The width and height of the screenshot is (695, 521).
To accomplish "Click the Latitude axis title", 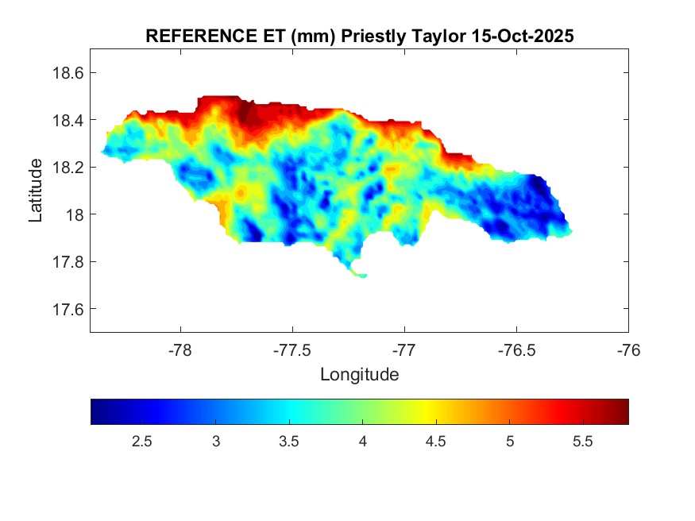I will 36,190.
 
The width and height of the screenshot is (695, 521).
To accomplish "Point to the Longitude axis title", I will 359,374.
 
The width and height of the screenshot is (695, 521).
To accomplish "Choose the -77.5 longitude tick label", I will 292,349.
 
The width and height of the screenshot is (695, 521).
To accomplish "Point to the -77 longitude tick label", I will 404,349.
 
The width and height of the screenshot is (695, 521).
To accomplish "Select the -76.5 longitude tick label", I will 516,349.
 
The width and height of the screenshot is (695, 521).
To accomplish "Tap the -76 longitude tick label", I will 628,349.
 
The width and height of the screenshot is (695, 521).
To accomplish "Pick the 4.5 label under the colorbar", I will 436,442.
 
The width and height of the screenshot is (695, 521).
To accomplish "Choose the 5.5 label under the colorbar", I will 583,442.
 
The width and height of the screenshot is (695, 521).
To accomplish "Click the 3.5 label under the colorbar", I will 289,442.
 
